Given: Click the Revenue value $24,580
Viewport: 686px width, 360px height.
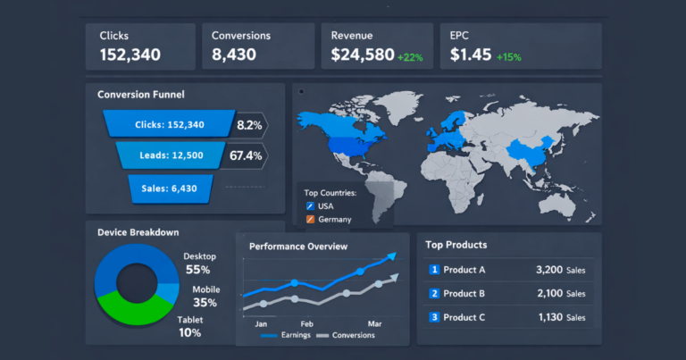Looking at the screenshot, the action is click(363, 54).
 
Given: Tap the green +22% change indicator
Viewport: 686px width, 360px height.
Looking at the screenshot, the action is click(410, 57).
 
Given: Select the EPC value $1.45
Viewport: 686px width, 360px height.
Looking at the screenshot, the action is click(471, 54).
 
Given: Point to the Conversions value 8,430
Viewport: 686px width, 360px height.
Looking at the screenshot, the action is click(234, 54).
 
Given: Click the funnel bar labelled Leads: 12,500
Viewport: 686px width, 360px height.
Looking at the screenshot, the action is click(171, 155).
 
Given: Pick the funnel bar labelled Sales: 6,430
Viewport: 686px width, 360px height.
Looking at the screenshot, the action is click(170, 188).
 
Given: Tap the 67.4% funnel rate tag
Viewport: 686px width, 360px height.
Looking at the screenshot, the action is click(246, 155).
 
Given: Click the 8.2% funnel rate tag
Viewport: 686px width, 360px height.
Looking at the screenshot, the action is click(249, 125).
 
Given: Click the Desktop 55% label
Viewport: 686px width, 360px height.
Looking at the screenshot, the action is click(199, 264).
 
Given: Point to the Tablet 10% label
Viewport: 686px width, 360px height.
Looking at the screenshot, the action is click(190, 327).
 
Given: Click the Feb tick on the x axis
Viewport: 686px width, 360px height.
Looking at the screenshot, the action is click(306, 324).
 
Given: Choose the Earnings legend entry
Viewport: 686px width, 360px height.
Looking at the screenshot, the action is click(286, 336).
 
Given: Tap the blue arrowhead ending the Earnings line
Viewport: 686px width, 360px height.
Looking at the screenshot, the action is click(392, 255).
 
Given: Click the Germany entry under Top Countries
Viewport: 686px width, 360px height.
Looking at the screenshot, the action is click(329, 220).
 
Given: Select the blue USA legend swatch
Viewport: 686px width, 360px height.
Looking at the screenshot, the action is click(310, 206).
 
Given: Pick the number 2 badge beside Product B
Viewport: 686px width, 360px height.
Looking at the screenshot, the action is click(434, 294).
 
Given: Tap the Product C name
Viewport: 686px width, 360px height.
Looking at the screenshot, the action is click(464, 318).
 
